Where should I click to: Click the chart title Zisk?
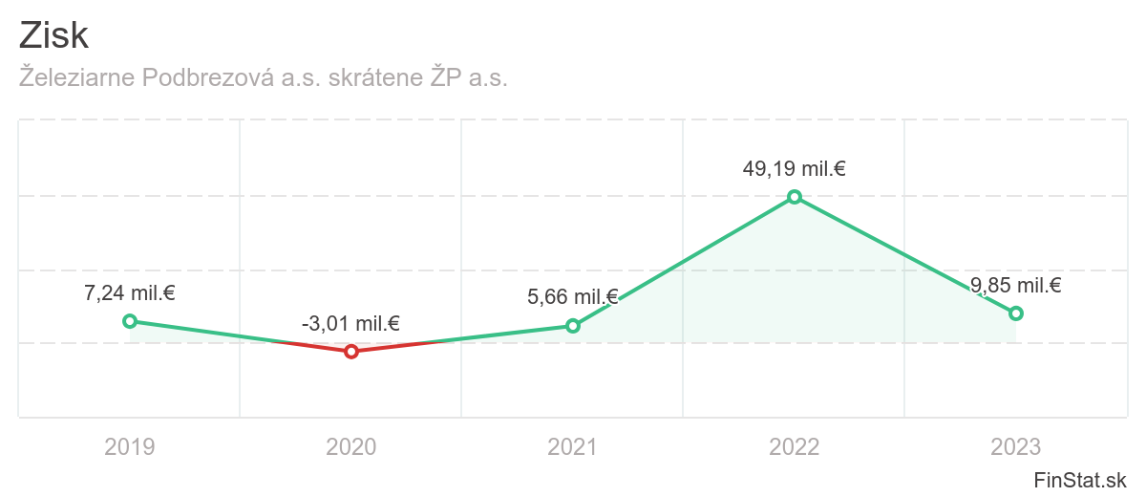coord(53,35)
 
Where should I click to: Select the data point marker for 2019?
coord(130,321)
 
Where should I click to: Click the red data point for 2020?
coord(351,352)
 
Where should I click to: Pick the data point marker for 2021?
coord(573,326)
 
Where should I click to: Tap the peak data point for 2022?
coord(795,197)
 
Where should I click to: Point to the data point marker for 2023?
coord(1016,313)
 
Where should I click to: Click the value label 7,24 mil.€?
coord(130,293)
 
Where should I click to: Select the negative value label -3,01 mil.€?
coord(350,324)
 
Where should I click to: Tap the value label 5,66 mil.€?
coord(573,297)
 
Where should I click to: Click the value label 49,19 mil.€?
coord(795,169)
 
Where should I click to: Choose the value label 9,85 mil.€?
coord(1016,285)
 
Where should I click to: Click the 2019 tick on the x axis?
coord(130,446)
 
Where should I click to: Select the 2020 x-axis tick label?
coord(351,446)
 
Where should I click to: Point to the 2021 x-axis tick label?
coord(573,446)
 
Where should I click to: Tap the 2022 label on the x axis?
coord(795,446)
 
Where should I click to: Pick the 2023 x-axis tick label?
coord(1016,446)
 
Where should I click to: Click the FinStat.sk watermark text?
coord(1080,479)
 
